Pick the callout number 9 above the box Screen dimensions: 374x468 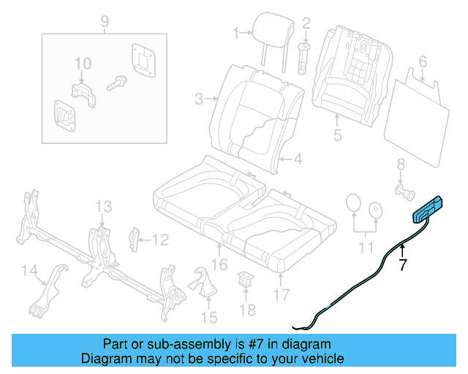pyautogui.click(x=104, y=20)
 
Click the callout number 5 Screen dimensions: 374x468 pyautogui.click(x=337, y=134)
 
